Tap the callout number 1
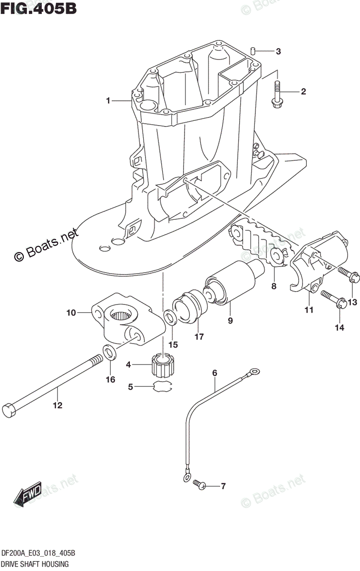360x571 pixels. pos(108,100)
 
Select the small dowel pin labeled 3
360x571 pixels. pos(254,51)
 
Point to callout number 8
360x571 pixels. pos(273,286)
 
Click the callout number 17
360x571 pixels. pos(199,337)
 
